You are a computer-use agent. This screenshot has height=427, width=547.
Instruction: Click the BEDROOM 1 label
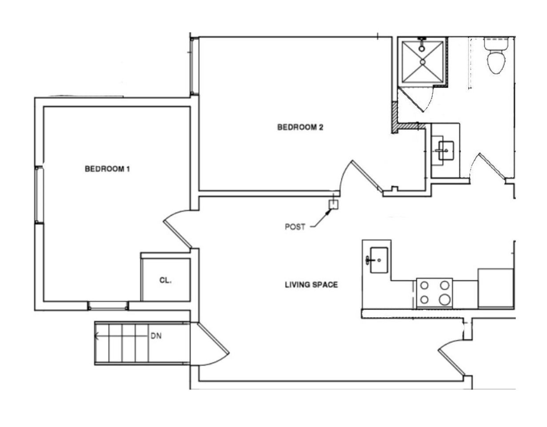tap(107, 169)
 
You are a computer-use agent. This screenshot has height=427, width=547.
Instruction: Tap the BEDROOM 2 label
tap(300, 127)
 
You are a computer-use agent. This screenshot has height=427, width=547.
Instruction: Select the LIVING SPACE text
tap(311, 285)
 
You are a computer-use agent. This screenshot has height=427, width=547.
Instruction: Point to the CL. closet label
tap(165, 280)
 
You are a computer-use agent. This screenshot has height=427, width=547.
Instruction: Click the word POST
tap(295, 227)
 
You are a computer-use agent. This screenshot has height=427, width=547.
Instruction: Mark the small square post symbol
tap(334, 205)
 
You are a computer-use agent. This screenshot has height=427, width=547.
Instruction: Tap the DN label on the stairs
tap(156, 336)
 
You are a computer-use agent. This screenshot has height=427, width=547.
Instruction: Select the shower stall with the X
tap(423, 62)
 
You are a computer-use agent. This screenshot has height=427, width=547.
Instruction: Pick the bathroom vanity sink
tap(446, 151)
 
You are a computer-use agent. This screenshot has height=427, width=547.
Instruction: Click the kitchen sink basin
tap(379, 260)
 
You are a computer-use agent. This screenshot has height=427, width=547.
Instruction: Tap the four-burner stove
tap(435, 293)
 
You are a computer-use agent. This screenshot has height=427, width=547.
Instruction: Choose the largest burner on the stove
tap(444, 299)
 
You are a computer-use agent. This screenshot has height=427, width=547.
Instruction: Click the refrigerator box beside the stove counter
tap(495, 288)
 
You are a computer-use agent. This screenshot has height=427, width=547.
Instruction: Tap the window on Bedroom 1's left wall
tap(39, 195)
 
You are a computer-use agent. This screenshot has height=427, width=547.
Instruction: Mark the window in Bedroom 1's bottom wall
tap(108, 306)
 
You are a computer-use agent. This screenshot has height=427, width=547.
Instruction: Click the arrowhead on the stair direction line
tap(96, 336)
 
